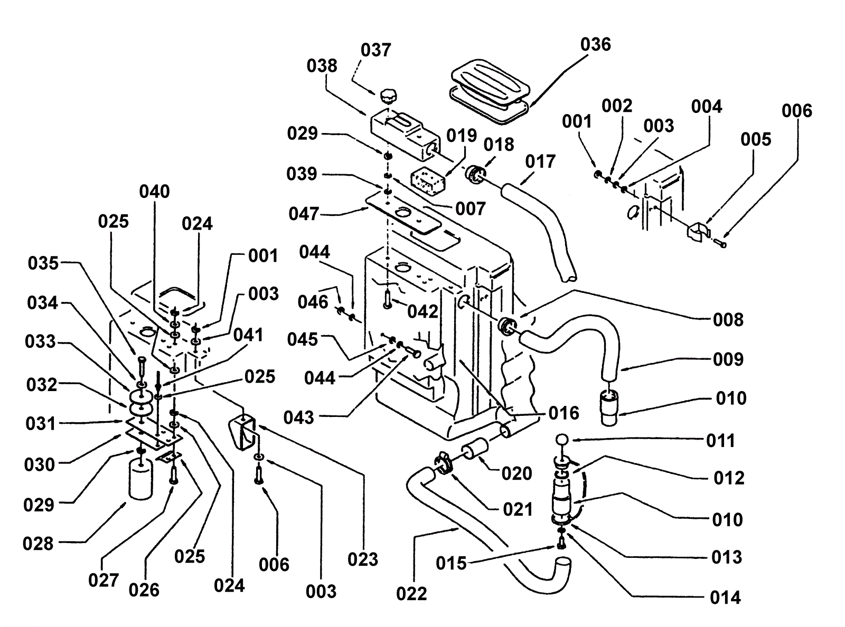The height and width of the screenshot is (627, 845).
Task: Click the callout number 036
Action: (595, 44)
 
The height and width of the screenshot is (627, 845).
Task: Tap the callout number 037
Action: (375, 50)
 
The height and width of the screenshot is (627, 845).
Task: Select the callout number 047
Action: (304, 214)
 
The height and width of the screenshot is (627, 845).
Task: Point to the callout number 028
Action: (38, 543)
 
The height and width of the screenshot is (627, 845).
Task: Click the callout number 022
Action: (411, 594)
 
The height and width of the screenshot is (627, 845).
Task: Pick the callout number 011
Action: (720, 440)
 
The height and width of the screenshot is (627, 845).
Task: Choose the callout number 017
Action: (540, 161)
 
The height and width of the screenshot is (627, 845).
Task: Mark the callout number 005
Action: (756, 139)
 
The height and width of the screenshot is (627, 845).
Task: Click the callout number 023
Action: (363, 559)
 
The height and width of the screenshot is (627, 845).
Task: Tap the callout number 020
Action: (517, 473)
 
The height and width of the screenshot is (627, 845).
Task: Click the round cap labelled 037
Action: (388, 97)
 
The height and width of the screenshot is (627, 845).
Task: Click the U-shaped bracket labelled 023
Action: (242, 433)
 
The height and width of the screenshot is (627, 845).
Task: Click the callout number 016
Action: (564, 413)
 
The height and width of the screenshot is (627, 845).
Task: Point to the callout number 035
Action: (43, 263)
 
